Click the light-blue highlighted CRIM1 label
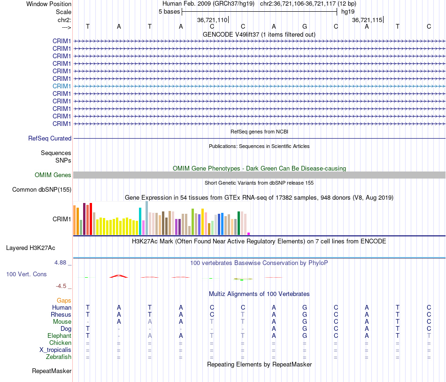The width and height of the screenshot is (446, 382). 62,86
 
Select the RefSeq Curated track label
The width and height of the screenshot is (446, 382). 50,138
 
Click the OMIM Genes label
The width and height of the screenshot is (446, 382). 53,175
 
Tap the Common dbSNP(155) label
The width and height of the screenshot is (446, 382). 42,189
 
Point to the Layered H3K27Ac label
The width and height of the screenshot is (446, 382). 31,248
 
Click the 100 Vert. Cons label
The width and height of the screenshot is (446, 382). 26,274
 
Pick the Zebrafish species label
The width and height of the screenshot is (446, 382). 59,357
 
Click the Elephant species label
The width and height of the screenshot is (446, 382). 60,336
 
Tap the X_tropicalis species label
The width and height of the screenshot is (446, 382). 55,350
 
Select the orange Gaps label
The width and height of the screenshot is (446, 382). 64,301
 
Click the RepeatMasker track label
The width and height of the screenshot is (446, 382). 52,371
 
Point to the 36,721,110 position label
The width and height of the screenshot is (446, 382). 212,20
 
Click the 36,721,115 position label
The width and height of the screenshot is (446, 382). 367,20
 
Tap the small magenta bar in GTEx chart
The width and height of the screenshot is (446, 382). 249,234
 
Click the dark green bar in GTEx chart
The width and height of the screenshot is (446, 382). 238,223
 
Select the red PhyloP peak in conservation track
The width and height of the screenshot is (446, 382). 119,276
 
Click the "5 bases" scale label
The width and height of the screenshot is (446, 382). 169,12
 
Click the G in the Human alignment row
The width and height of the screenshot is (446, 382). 305,307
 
